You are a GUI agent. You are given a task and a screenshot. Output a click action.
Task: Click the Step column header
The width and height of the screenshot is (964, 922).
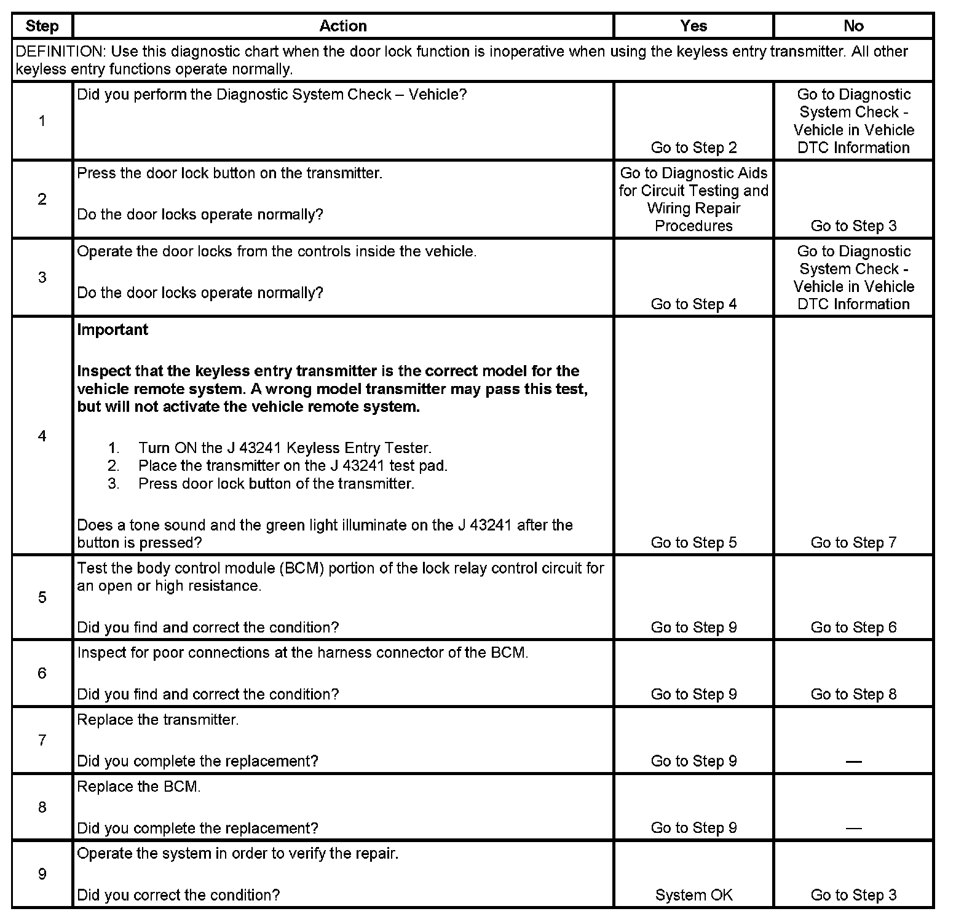point(42,26)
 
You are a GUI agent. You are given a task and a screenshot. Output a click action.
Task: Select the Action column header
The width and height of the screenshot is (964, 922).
point(343,26)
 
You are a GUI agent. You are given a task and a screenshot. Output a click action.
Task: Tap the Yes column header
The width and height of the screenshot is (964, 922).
point(693,26)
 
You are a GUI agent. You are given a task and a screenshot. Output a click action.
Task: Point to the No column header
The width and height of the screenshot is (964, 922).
point(853,26)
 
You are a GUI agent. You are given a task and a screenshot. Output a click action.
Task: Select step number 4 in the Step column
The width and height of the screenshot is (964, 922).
point(42,436)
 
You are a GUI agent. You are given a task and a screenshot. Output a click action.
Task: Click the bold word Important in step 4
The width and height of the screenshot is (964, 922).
point(113,330)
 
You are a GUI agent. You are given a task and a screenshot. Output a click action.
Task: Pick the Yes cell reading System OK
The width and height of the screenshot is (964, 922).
point(693,895)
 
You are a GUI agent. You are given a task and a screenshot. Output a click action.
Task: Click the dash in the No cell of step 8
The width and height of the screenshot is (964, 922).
point(853,829)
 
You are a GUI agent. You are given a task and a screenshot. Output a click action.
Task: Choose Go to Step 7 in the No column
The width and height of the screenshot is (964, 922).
point(853,543)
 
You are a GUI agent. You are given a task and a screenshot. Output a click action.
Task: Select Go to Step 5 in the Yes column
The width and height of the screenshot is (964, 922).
point(693,543)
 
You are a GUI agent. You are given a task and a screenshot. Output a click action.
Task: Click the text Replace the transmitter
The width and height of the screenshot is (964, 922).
point(158,720)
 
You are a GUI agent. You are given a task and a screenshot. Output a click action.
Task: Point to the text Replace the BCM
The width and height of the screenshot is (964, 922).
point(139,787)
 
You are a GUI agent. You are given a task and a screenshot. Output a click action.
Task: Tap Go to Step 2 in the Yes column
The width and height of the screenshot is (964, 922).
point(693,148)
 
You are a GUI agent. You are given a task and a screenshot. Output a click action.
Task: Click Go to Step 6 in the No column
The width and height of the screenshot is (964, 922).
point(853,628)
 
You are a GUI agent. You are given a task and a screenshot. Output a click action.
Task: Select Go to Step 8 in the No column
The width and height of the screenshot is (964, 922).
point(853,695)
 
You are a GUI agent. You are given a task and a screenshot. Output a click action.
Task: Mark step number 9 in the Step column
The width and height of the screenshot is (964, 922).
point(42,874)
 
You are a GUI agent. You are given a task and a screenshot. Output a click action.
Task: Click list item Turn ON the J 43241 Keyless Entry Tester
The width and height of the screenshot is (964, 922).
point(285,448)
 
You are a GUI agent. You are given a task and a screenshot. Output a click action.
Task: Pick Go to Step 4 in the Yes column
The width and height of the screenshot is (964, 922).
point(693,304)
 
